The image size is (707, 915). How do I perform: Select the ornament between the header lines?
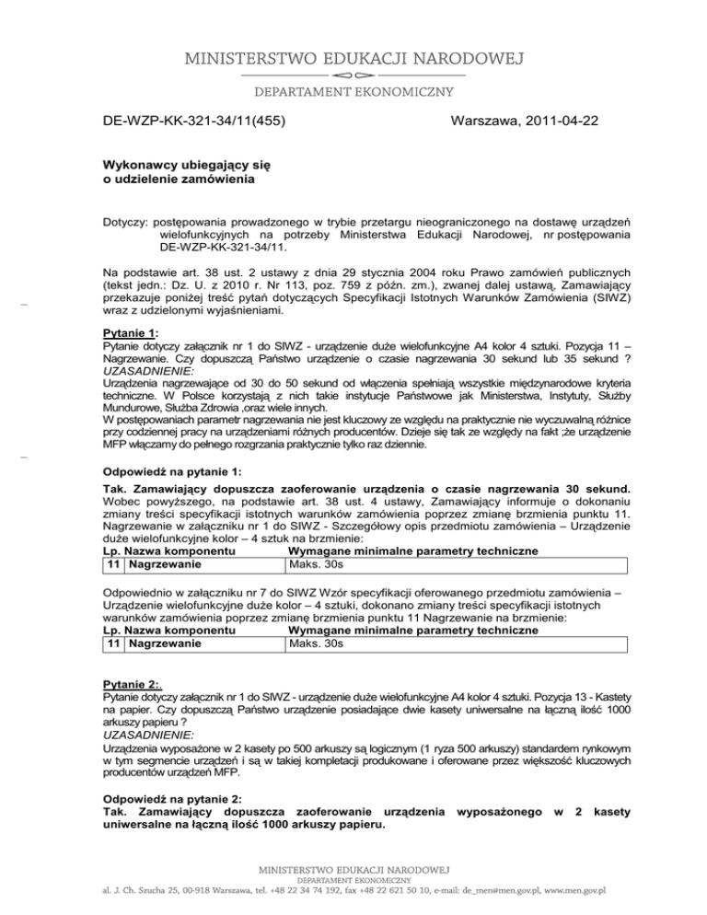click(x=353, y=74)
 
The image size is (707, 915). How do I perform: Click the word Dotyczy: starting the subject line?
click(x=124, y=223)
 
